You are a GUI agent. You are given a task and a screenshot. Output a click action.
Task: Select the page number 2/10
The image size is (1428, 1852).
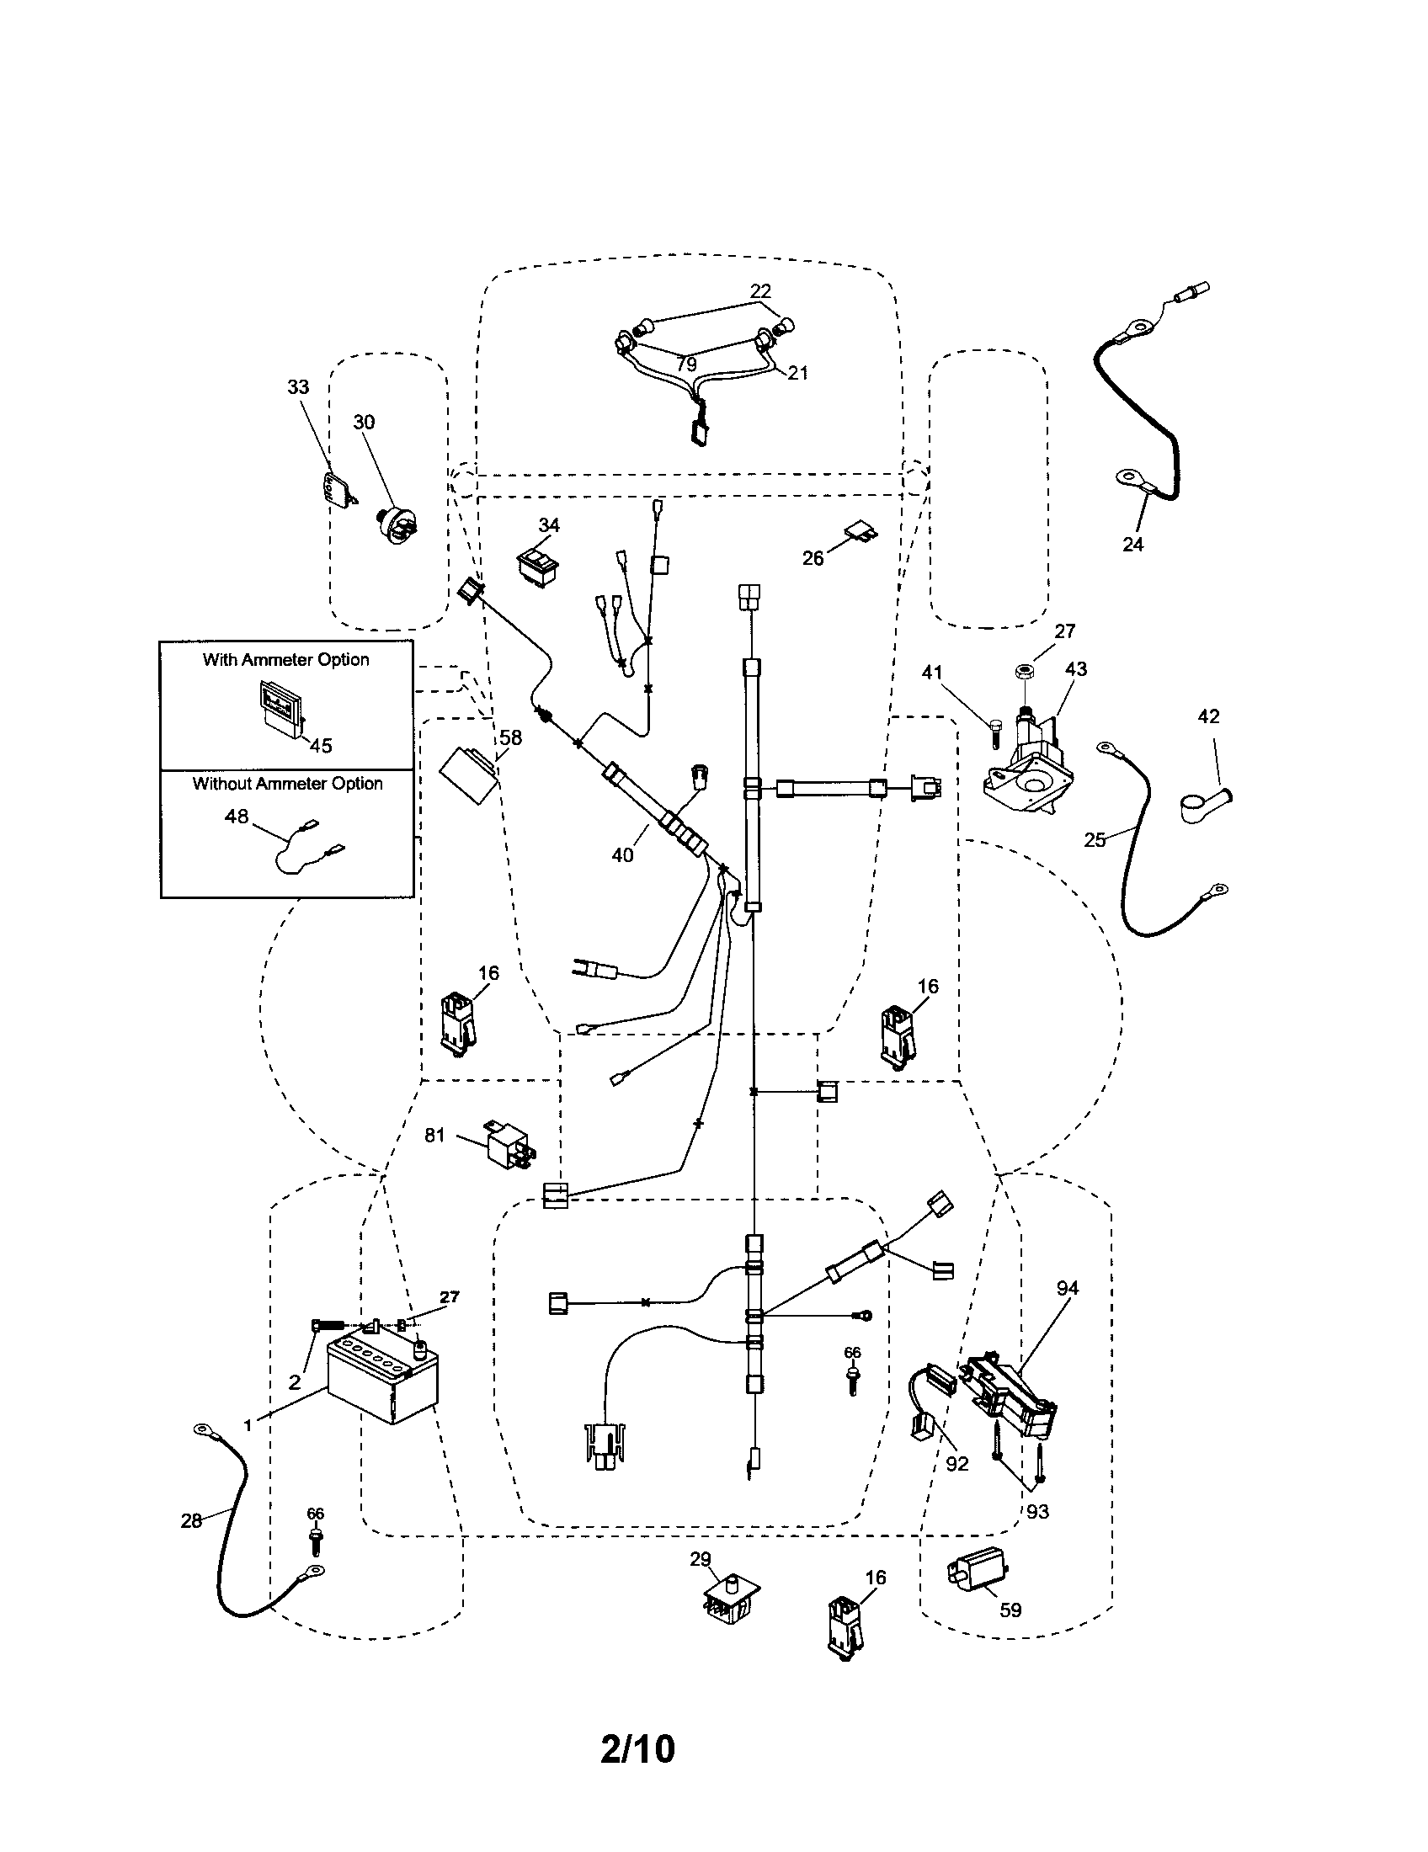[x=637, y=1748]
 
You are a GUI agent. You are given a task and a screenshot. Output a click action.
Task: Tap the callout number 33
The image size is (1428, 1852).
[x=298, y=387]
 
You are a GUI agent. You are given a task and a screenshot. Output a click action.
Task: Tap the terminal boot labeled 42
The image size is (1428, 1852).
[x=1202, y=804]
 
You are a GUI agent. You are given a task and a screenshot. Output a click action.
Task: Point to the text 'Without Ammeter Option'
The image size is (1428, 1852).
[x=287, y=784]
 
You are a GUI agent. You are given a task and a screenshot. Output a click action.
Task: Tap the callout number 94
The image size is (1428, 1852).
[x=1067, y=1289]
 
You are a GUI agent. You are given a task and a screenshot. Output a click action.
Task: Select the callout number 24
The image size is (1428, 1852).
[x=1132, y=545]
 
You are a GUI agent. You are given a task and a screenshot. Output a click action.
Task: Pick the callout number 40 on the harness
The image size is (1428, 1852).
[x=621, y=855]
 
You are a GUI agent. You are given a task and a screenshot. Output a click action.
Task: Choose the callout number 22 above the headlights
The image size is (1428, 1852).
[x=759, y=291]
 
